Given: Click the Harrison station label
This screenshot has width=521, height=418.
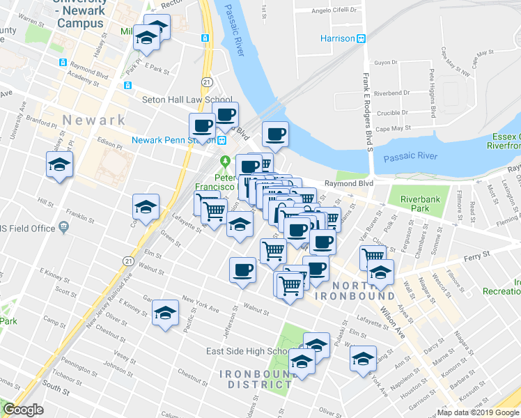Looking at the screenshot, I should click(x=337, y=38).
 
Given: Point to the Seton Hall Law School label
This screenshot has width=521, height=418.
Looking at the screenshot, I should click(x=187, y=100).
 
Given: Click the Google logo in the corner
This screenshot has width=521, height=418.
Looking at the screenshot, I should click(x=23, y=410).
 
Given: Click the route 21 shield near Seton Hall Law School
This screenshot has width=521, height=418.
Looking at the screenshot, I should click(x=207, y=82).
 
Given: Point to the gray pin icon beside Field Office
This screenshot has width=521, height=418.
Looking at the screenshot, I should click(x=63, y=227).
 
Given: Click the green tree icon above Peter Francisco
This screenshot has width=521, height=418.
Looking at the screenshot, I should click(x=225, y=162).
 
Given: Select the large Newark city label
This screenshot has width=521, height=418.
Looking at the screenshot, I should click(x=93, y=120).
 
